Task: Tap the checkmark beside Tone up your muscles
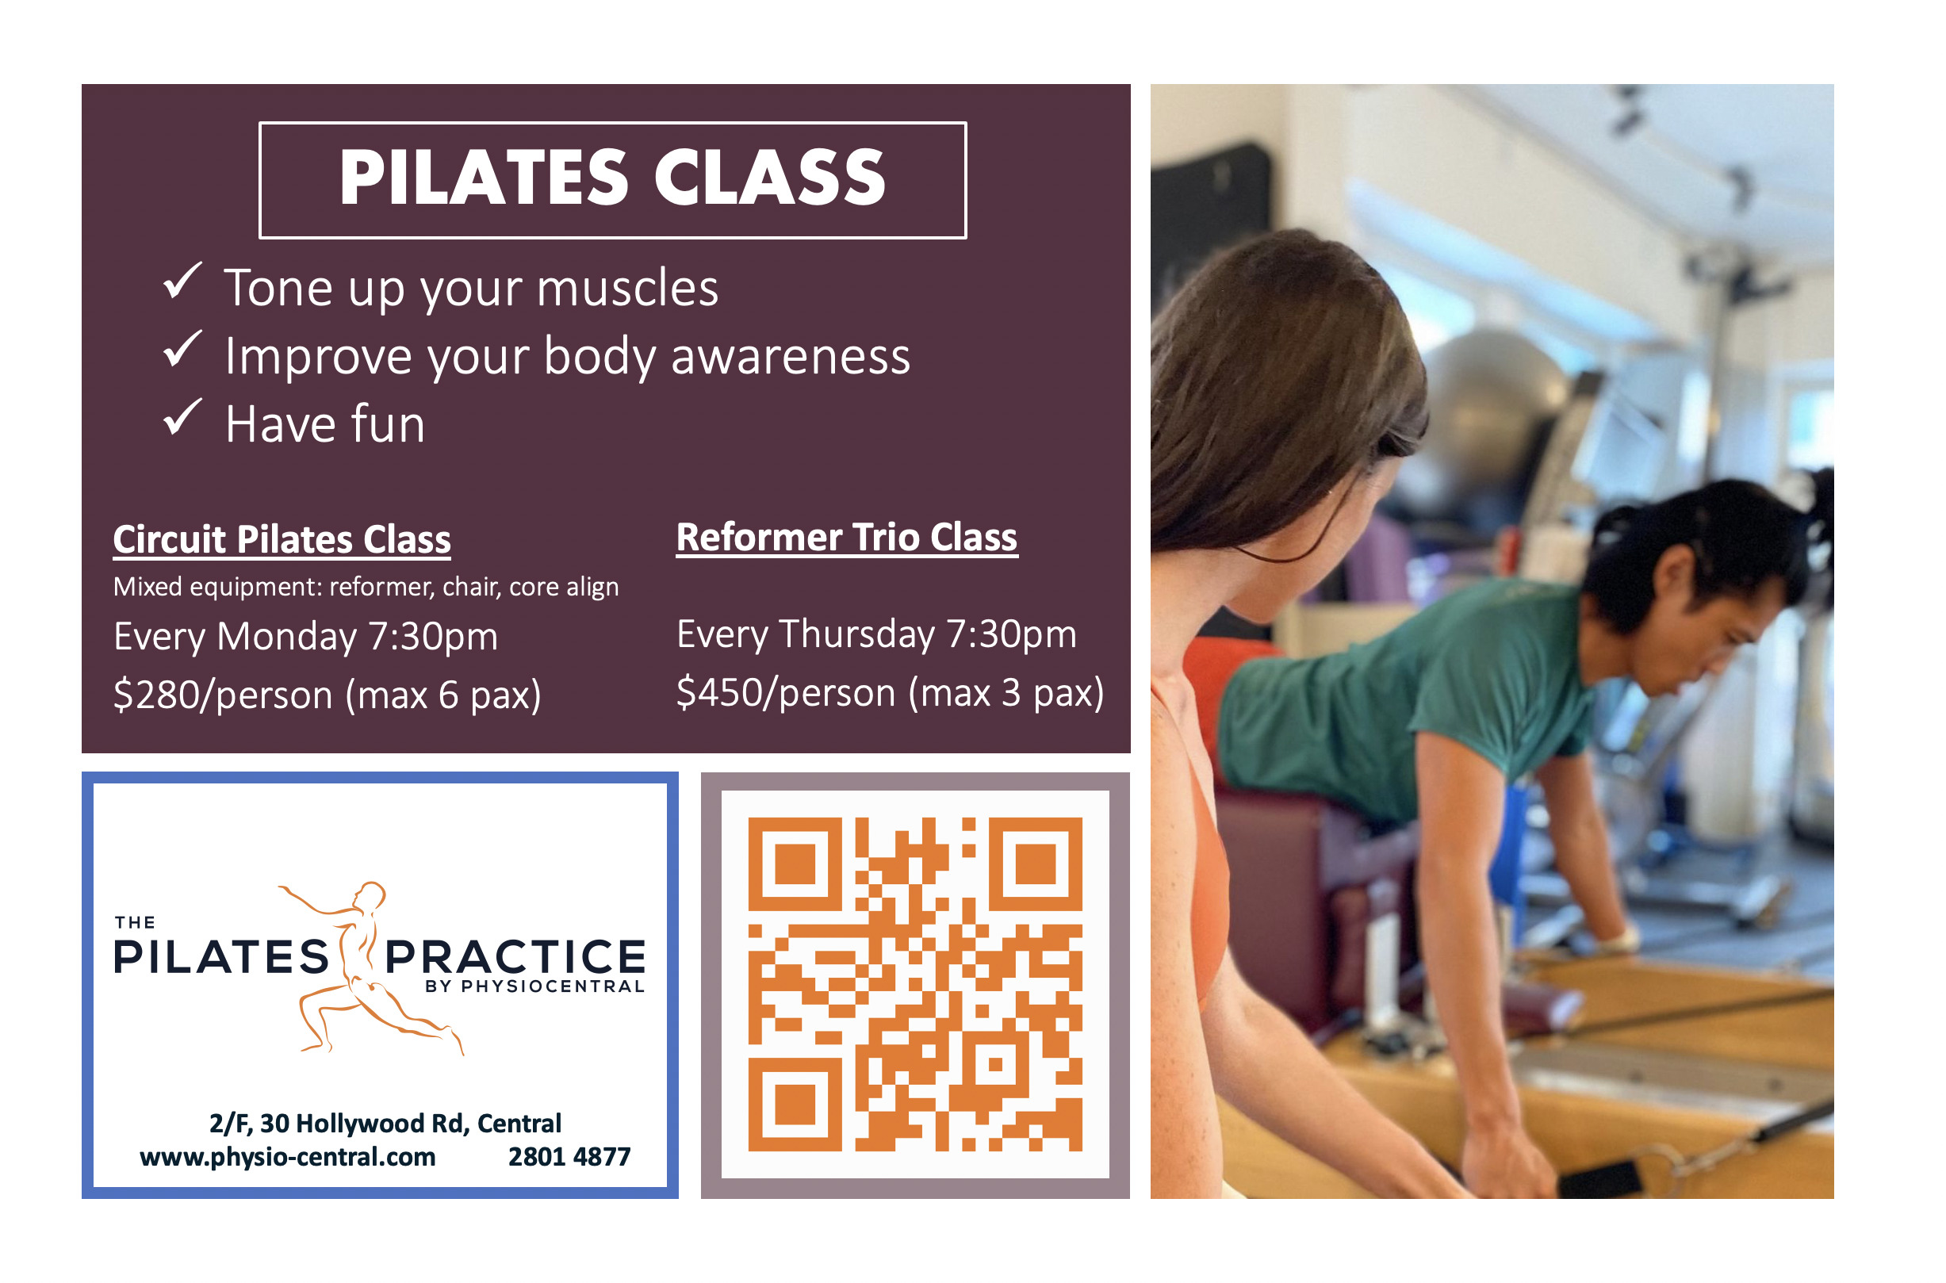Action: click(x=182, y=281)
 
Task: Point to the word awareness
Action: click(x=791, y=358)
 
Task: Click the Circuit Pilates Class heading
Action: click(x=282, y=541)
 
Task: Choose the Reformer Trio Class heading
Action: click(x=847, y=538)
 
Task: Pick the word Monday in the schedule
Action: click(x=287, y=638)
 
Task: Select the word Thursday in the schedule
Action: click(x=856, y=635)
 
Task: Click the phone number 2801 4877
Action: click(x=569, y=1158)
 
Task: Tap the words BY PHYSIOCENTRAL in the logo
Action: click(x=535, y=987)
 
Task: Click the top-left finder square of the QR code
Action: click(x=795, y=864)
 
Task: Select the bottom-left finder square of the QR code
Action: click(x=795, y=1105)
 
